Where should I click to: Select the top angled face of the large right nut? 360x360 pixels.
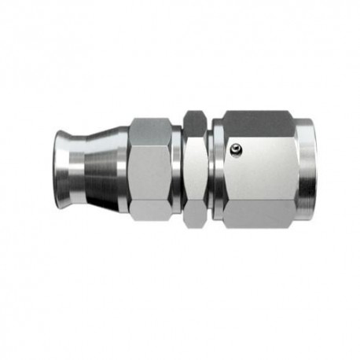263,121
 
